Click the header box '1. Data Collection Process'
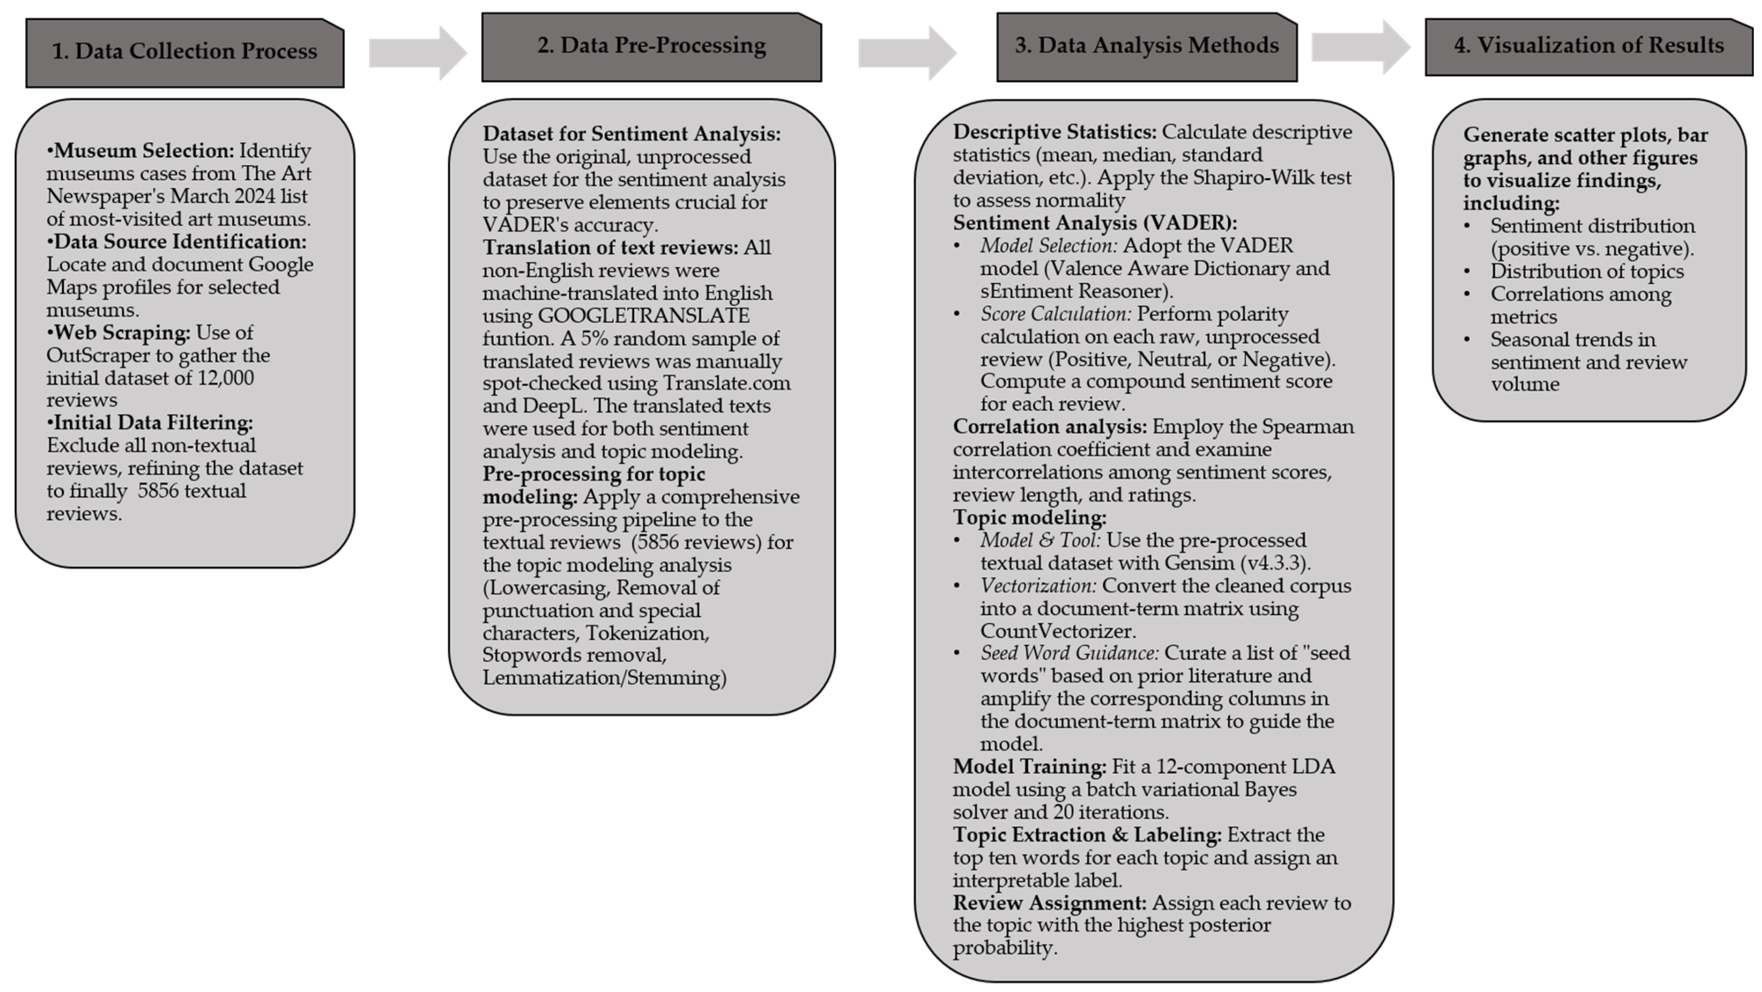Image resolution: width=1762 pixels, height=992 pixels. [185, 52]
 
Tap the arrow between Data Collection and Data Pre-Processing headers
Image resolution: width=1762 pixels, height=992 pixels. [418, 53]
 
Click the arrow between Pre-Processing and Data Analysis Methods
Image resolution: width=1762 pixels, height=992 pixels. [907, 53]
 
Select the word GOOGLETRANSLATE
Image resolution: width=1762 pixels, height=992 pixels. [643, 315]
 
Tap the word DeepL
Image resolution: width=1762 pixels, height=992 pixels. [553, 406]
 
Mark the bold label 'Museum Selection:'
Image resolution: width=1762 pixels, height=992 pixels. [144, 151]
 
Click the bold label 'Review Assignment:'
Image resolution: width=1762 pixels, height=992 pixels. [1049, 903]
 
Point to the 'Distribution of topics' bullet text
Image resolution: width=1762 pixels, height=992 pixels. [1587, 271]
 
